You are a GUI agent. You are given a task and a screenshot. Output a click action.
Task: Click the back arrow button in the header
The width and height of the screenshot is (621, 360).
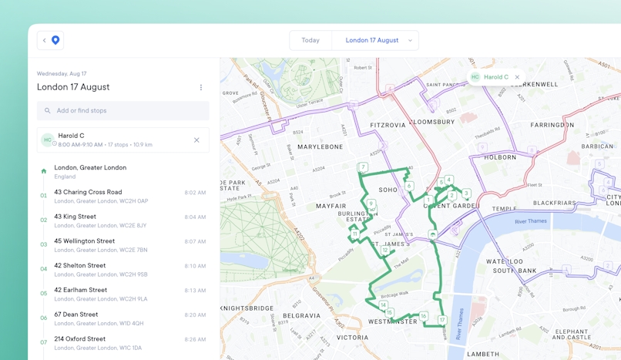tap(45, 40)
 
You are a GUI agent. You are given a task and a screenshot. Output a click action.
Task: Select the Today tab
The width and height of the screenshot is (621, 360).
tap(310, 40)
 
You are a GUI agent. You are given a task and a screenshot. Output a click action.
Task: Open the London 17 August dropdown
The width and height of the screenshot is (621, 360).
tap(378, 40)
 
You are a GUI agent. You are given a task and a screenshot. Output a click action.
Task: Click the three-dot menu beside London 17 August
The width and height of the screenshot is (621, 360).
tap(201, 88)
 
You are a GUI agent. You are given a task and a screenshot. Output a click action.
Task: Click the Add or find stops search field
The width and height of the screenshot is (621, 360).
tap(123, 110)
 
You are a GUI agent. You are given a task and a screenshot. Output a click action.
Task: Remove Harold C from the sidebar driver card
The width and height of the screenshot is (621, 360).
tap(196, 140)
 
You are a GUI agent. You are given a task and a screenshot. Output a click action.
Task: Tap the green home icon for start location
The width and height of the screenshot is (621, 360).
tap(44, 171)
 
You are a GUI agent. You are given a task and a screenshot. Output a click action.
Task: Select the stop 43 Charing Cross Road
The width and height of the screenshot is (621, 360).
tap(88, 192)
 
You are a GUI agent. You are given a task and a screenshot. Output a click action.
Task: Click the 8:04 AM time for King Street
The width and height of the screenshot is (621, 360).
tap(195, 217)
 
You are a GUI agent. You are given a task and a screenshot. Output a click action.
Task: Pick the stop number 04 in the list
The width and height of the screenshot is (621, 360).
tap(44, 269)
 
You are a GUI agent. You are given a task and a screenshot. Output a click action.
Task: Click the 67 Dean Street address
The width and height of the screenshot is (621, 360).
tap(76, 315)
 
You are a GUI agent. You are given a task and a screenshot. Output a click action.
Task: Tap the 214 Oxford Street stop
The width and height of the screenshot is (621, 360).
tap(79, 339)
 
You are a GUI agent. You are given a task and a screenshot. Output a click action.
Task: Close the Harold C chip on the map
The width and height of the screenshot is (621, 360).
tap(517, 77)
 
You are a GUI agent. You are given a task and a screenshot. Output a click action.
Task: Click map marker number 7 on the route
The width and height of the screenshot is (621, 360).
tap(363, 167)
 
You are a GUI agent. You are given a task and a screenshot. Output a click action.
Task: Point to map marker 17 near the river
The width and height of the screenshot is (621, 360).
tap(442, 320)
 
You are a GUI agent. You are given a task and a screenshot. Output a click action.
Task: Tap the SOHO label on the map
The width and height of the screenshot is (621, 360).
tap(388, 190)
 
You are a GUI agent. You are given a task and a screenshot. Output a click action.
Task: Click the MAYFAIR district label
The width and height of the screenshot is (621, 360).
tap(331, 206)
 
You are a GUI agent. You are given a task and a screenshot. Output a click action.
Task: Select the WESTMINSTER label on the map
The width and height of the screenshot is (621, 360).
tap(393, 321)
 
